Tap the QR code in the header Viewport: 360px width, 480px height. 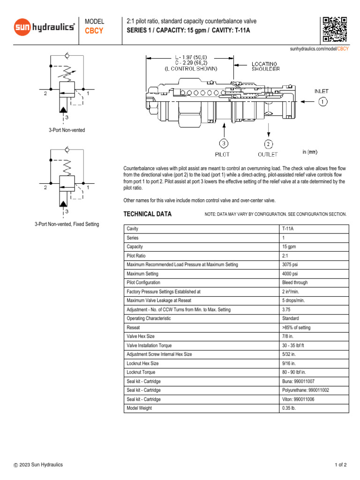pyautogui.click(x=334, y=29)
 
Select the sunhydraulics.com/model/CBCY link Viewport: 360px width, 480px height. pyautogui.click(x=319, y=49)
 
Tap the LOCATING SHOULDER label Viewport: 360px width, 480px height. pyautogui.click(x=265, y=66)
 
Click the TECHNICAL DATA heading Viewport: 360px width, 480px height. pyautogui.click(x=147, y=214)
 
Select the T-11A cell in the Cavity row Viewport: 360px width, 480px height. pyautogui.click(x=288, y=229)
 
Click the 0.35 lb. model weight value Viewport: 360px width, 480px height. pyautogui.click(x=289, y=408)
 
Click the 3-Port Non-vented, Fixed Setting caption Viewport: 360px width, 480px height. pyautogui.click(x=67, y=224)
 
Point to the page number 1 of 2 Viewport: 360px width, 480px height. pyautogui.click(x=341, y=465)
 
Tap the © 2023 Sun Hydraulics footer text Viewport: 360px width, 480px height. pyautogui.click(x=38, y=465)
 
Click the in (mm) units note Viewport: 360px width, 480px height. pyautogui.click(x=310, y=152)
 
